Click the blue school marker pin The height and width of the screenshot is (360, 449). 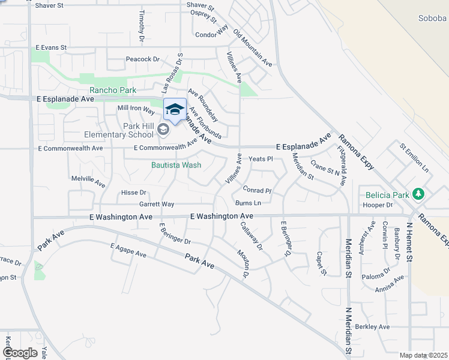tap(175, 110)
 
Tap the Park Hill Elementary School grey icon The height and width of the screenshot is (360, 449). tap(163, 129)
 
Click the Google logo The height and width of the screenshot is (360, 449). tap(20, 352)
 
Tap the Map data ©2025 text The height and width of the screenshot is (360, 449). tap(423, 355)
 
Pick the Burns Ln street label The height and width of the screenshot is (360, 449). tap(249, 203)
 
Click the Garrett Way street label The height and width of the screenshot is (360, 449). tap(157, 204)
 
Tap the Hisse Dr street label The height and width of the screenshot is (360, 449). tap(134, 193)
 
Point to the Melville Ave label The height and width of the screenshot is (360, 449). tap(88, 179)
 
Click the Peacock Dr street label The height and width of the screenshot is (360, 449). tap(142, 59)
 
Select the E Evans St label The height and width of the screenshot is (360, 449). tap(51, 47)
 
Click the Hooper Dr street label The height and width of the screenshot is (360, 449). tap(378, 205)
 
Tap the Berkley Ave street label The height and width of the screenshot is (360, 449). tap(372, 327)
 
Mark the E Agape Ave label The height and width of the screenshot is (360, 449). tap(128, 250)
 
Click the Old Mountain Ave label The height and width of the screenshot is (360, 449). tap(253, 47)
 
